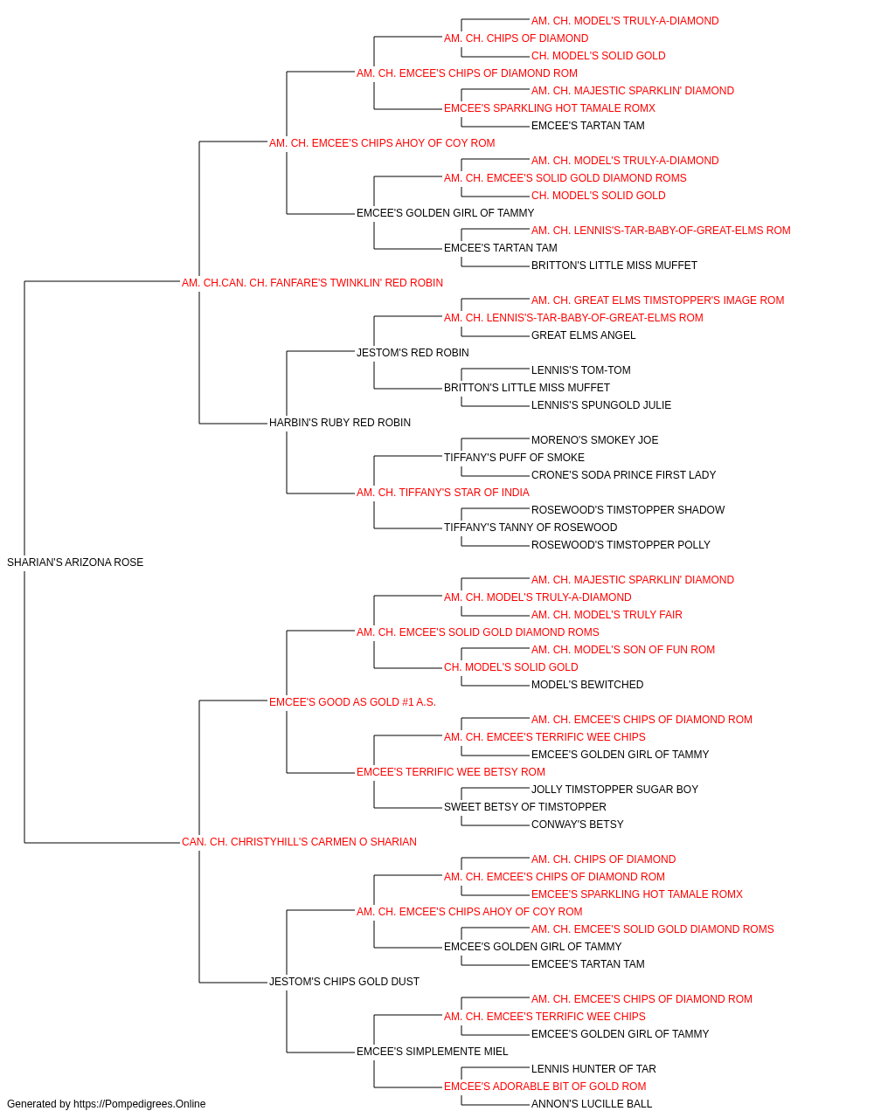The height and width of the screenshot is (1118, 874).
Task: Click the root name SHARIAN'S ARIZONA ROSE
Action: coord(75,562)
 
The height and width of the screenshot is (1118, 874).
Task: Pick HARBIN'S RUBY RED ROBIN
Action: coord(340,423)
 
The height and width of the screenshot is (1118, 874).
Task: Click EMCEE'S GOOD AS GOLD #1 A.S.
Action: coord(352,702)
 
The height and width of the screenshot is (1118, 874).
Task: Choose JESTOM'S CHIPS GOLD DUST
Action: coord(344,982)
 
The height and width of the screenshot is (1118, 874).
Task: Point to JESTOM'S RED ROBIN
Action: coord(413,353)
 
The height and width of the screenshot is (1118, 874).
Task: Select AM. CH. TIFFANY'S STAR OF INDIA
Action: coord(442,493)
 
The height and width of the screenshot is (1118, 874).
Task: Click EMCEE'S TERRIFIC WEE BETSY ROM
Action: coord(451,772)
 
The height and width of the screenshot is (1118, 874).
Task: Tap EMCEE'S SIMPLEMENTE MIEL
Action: coord(433,1052)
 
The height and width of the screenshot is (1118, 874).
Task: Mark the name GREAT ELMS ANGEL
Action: coord(583,335)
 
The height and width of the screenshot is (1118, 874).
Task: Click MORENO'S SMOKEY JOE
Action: coord(594,440)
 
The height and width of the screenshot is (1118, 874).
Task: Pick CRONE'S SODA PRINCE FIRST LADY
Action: coord(623,475)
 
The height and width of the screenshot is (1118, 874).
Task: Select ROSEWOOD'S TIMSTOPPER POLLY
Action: coord(621,545)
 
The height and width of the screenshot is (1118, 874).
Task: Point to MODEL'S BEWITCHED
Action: coord(587,685)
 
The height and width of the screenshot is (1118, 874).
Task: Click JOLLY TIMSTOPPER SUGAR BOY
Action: coord(614,790)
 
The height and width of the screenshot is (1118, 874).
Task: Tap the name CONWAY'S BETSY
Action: coord(577,825)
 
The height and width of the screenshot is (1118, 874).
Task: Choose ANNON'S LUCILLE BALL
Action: coord(592,1104)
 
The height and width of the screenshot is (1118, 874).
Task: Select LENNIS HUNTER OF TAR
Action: coord(593,1069)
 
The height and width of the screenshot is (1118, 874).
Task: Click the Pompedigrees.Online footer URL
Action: coord(140,1104)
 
